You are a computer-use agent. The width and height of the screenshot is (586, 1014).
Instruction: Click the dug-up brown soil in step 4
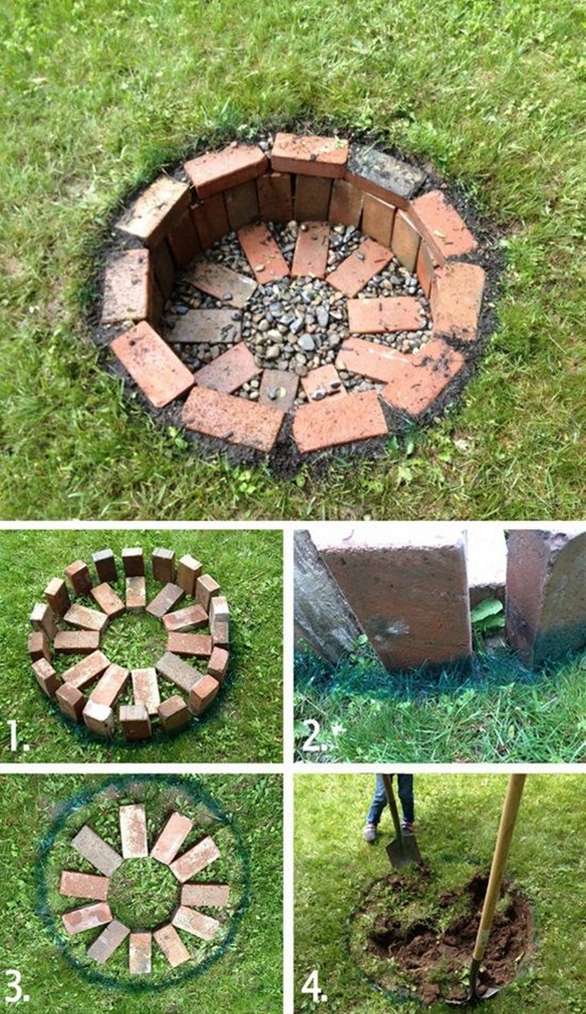(x=449, y=924)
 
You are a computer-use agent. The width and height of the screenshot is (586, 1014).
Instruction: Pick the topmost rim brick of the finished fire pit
(x=310, y=155)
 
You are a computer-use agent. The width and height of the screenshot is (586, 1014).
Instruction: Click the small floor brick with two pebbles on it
(x=278, y=390)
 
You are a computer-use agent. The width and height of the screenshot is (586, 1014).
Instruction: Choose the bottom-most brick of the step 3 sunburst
(x=141, y=953)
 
